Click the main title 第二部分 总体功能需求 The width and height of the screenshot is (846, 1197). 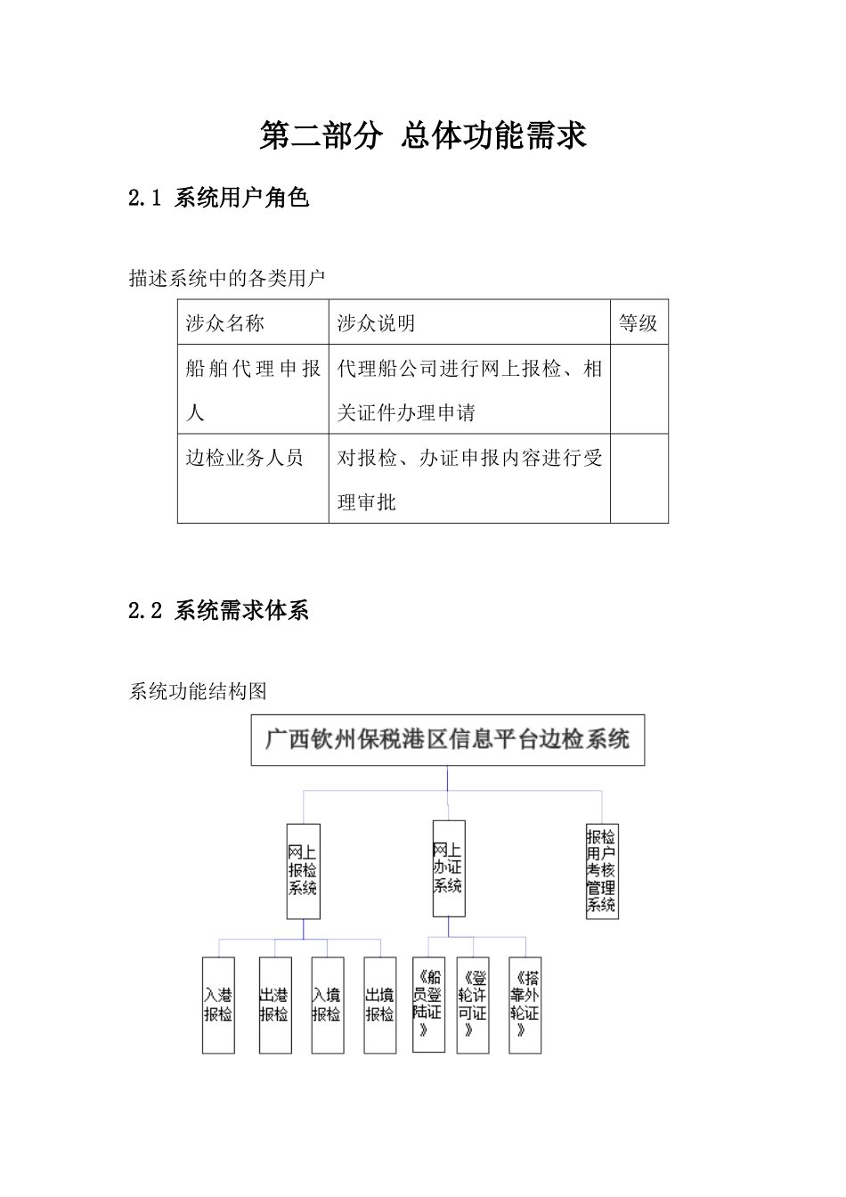click(x=423, y=135)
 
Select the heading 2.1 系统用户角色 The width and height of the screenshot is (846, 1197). click(x=219, y=197)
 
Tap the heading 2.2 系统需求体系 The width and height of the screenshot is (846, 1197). click(x=219, y=610)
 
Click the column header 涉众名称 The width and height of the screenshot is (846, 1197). click(x=225, y=323)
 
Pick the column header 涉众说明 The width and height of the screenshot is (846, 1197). click(x=377, y=323)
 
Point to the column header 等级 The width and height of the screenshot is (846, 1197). click(x=639, y=323)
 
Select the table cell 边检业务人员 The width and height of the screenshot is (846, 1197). click(x=245, y=458)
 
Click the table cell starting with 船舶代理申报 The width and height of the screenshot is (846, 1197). click(x=253, y=390)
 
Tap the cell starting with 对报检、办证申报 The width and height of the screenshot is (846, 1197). click(x=469, y=479)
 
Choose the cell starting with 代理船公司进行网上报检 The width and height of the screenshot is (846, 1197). click(x=469, y=390)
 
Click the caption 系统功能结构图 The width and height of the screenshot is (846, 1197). click(x=198, y=691)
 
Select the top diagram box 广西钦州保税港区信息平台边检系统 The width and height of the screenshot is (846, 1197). click(x=447, y=739)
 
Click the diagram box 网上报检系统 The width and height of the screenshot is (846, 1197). click(x=303, y=871)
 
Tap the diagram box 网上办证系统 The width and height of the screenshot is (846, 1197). click(x=448, y=868)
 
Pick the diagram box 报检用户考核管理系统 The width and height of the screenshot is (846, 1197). click(x=601, y=871)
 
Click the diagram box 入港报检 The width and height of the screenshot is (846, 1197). click(x=218, y=1005)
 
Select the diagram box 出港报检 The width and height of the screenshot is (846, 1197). click(x=274, y=1005)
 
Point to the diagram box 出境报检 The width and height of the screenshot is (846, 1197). click(x=379, y=1005)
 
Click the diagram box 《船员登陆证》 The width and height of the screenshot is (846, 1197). click(x=428, y=1004)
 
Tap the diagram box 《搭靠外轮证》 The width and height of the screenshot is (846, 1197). click(x=525, y=1004)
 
